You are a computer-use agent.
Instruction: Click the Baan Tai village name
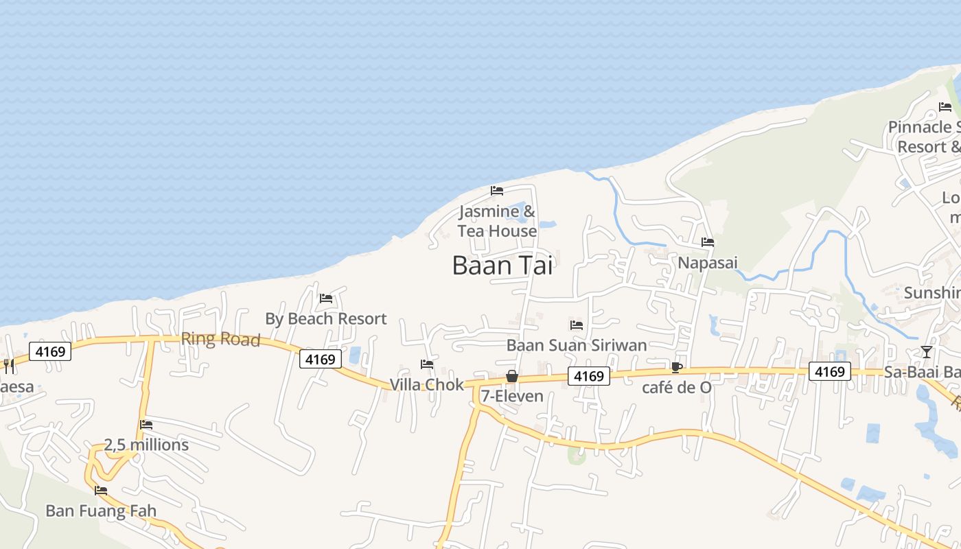(502, 266)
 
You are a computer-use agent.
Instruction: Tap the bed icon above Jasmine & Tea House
(497, 191)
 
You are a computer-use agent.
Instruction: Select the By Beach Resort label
(326, 319)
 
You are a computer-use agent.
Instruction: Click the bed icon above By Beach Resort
(326, 299)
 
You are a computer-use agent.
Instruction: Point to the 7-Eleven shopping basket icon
(512, 376)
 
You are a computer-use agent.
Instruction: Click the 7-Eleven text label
(512, 396)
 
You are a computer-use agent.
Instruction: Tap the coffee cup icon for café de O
(676, 367)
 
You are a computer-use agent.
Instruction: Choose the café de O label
(677, 388)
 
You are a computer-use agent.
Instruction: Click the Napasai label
(708, 263)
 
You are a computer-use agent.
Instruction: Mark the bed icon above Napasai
(708, 242)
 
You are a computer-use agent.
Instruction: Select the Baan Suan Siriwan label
(577, 345)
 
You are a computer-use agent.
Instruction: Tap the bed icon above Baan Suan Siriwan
(577, 325)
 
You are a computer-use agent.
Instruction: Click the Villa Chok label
(427, 385)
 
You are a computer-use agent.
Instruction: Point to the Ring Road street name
(220, 340)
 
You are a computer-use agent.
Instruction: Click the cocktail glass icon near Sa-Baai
(927, 352)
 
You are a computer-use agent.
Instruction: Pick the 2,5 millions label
(146, 445)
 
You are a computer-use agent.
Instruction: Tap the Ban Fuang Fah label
(101, 511)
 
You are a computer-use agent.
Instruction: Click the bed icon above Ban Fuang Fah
(101, 491)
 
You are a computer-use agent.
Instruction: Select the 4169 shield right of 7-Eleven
(588, 376)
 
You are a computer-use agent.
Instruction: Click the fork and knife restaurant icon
(8, 365)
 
